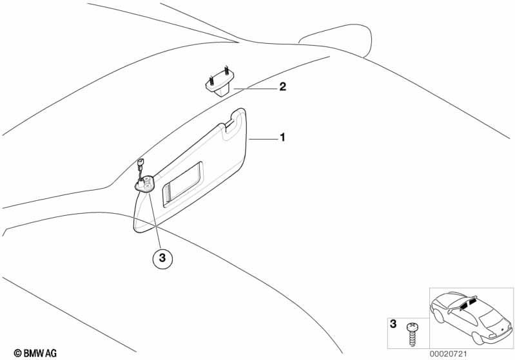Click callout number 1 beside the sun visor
[281, 138]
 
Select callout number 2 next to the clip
[282, 87]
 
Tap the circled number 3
[162, 259]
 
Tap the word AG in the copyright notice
[51, 353]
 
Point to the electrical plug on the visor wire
[141, 164]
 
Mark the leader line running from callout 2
[255, 88]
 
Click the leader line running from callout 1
[263, 138]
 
